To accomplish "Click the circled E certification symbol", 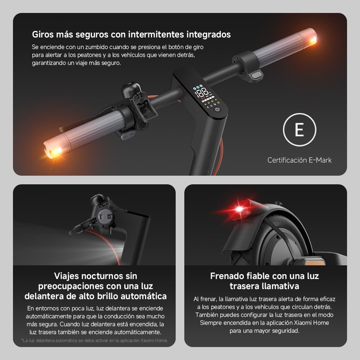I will pos(300,130).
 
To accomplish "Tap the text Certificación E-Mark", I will pos(300,160).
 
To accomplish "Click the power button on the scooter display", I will pos(217,109).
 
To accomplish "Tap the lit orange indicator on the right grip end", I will pos(313,39).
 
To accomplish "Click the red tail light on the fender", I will pos(239,208).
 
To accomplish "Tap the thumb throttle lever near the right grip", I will pos(257,75).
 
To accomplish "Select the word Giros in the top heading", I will pos(43,35).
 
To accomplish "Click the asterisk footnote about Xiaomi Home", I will pos(94,340).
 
